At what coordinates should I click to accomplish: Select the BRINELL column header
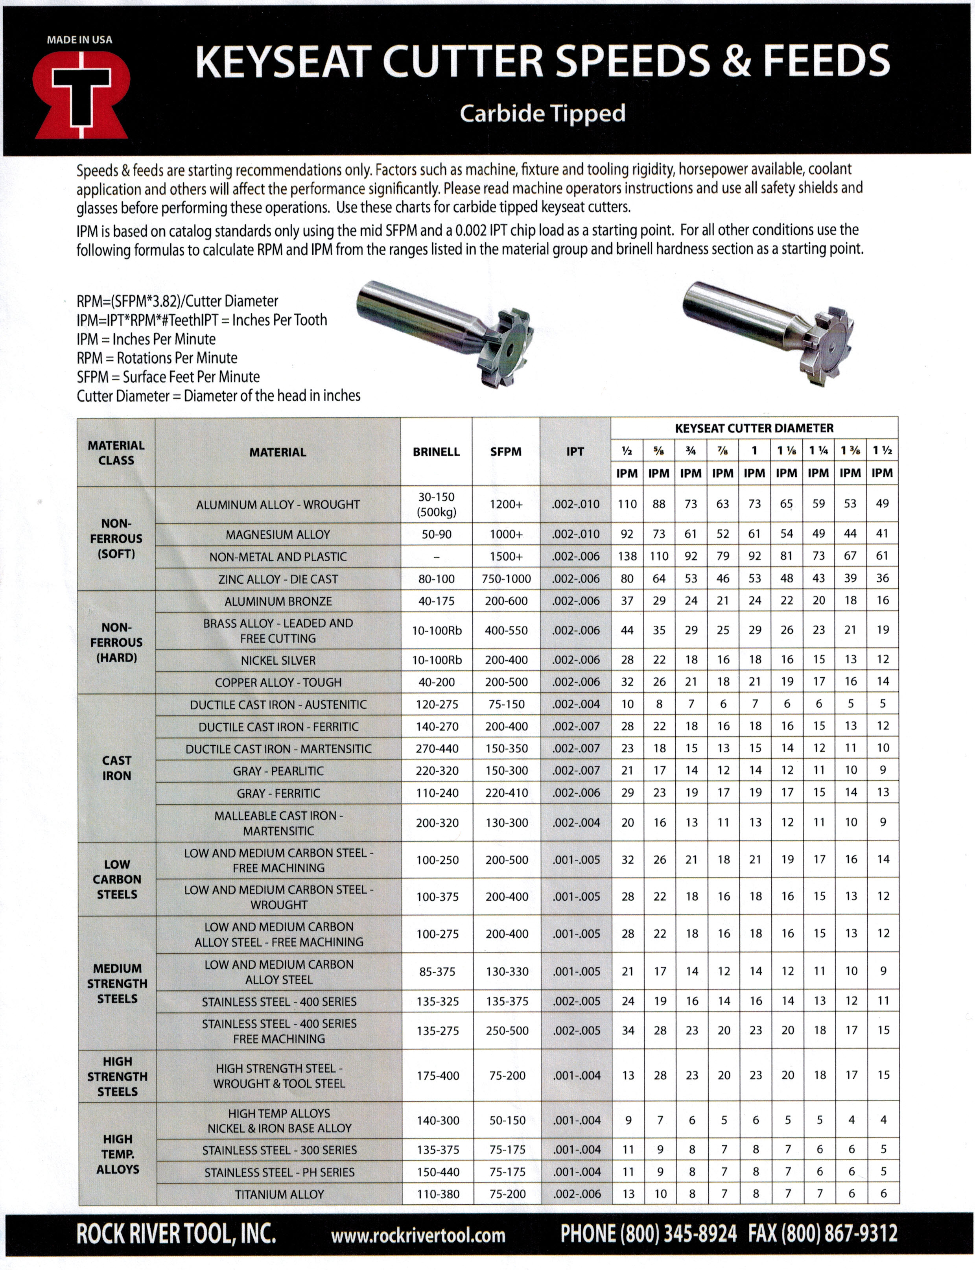(x=436, y=452)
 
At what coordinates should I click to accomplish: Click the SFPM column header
(x=505, y=452)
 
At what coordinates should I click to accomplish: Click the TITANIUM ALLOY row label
(x=279, y=1194)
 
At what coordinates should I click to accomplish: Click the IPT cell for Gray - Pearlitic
(x=576, y=771)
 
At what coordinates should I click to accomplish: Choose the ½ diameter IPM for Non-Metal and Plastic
(x=627, y=556)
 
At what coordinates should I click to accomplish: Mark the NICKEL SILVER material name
(x=278, y=660)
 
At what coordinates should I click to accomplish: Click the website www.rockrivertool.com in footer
(x=418, y=1235)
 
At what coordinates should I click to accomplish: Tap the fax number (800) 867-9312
(x=822, y=1233)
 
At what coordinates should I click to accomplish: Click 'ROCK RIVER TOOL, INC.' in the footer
(x=176, y=1233)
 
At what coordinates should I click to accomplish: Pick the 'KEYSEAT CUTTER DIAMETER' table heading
(x=754, y=428)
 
